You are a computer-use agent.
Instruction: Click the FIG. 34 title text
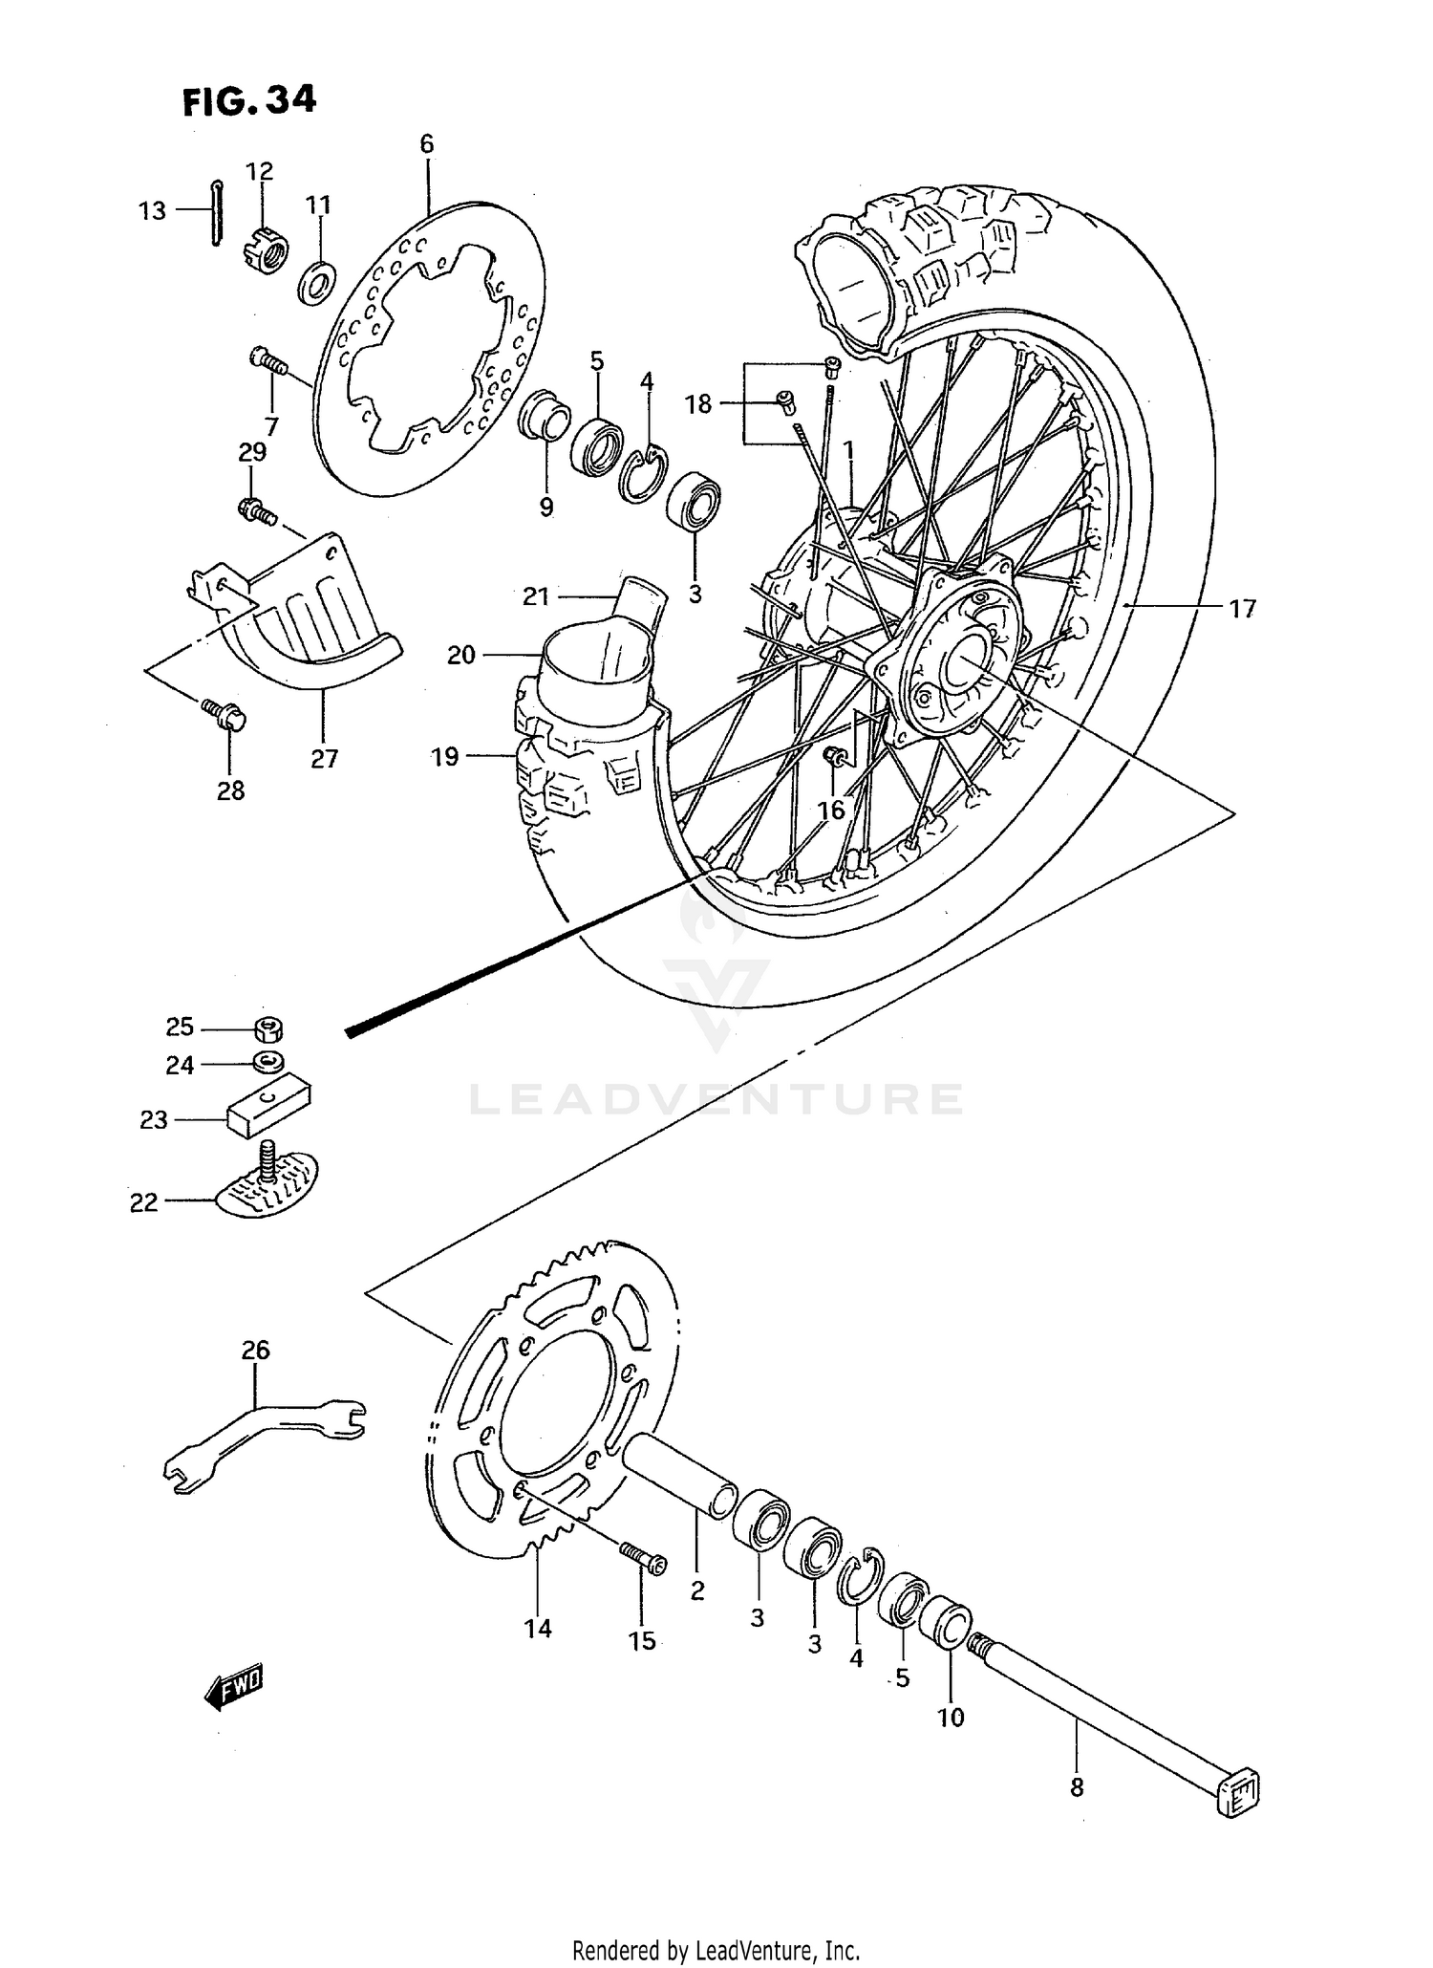[248, 100]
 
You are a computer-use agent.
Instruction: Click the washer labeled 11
[318, 282]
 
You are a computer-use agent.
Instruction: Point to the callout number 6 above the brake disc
[426, 144]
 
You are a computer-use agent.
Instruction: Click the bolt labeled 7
[267, 361]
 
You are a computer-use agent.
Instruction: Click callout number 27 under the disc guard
[324, 759]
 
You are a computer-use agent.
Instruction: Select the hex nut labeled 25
[269, 1029]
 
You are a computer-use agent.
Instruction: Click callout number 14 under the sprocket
[538, 1629]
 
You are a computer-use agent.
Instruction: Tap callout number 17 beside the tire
[1242, 608]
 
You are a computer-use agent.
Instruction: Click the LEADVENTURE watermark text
[716, 1099]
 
